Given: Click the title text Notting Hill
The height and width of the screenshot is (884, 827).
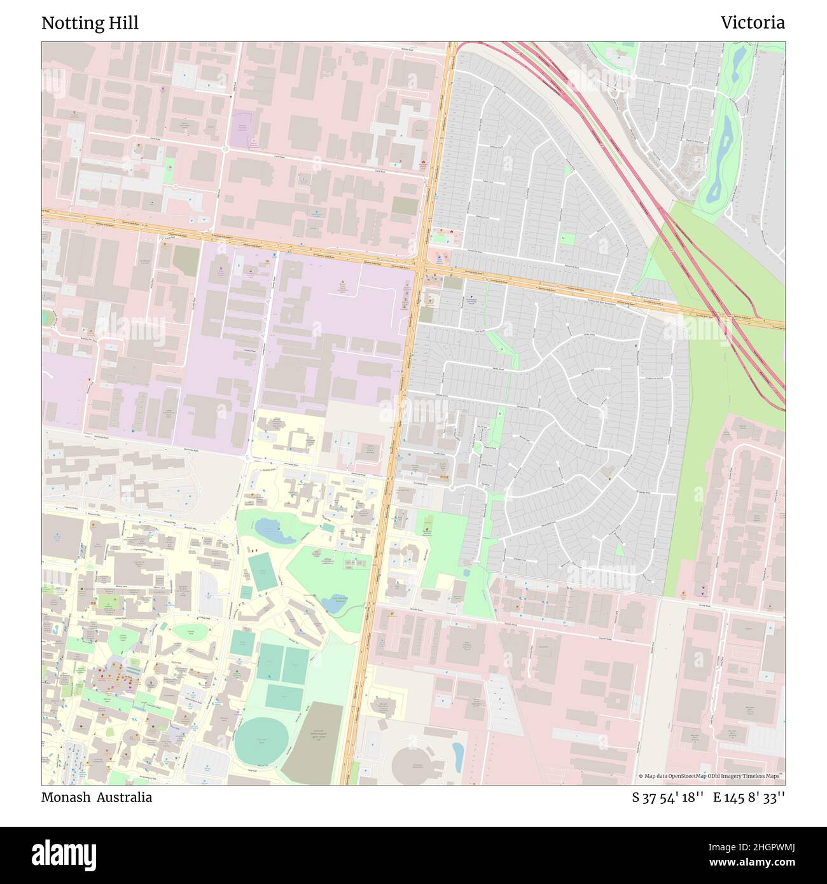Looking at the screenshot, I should pos(90,23).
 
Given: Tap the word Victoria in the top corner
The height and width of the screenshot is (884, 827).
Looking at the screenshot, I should pos(753,23).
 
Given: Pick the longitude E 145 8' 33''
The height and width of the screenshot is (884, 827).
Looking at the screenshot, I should pos(749,798).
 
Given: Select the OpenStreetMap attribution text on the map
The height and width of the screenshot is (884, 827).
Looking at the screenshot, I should pos(711,776).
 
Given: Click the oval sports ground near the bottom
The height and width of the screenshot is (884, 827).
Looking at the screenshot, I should pos(261,742).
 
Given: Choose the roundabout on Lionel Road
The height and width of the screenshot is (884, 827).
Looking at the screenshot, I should pos(225,149).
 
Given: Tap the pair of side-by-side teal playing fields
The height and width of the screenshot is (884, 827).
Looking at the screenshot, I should pos(282,663).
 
